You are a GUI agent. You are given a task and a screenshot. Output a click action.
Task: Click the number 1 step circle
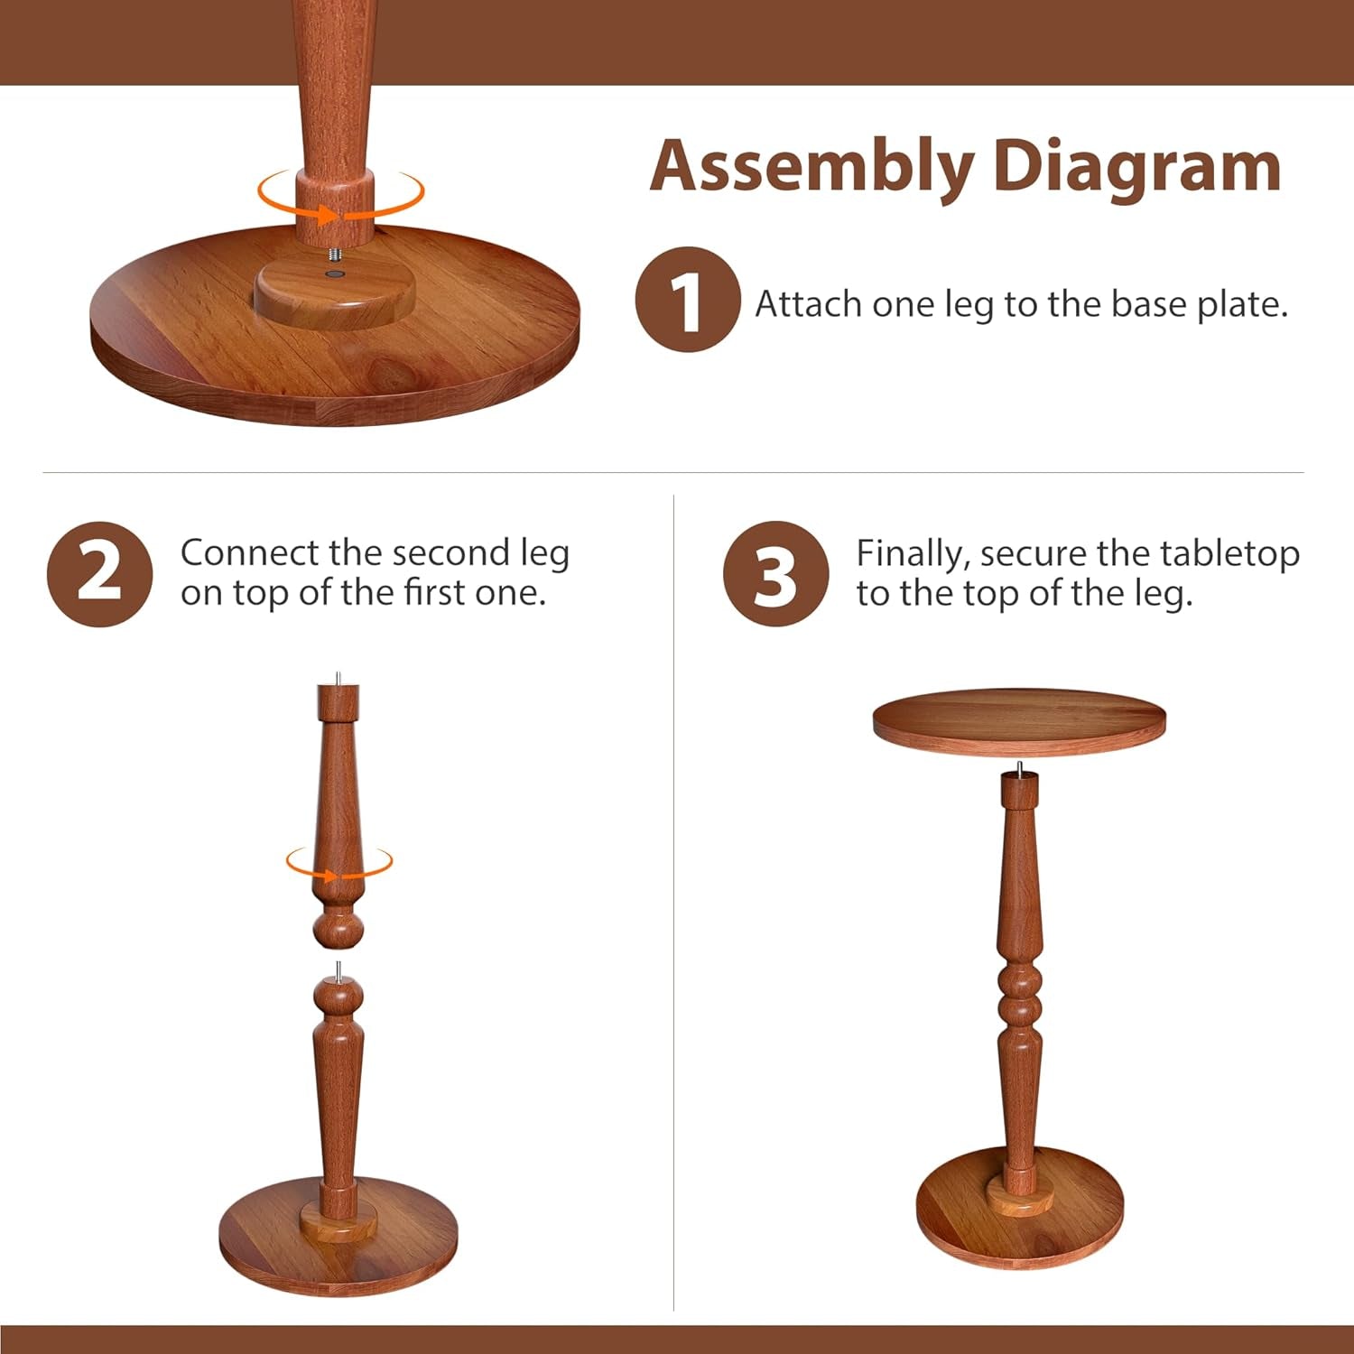pyautogui.click(x=688, y=300)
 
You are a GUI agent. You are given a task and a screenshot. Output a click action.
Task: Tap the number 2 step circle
pyautogui.click(x=99, y=574)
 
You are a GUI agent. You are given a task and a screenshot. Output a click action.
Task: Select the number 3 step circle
pyautogui.click(x=775, y=574)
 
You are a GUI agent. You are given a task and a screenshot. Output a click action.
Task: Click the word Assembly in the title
pyautogui.click(x=811, y=167)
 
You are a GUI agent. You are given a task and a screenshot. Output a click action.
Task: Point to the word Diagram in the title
pyautogui.click(x=1136, y=167)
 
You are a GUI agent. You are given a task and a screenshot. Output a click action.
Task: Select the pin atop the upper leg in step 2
pyautogui.click(x=338, y=678)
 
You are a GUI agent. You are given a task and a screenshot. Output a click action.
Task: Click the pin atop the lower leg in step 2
pyautogui.click(x=338, y=971)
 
